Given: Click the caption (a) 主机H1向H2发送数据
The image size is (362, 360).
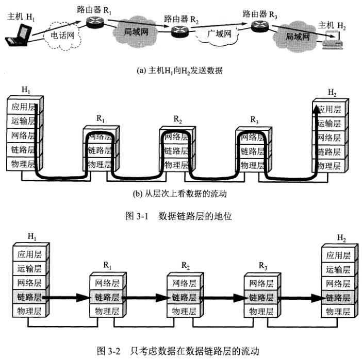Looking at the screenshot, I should click(x=180, y=71).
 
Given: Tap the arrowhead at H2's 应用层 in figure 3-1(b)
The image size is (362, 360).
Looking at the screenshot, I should click(x=315, y=107).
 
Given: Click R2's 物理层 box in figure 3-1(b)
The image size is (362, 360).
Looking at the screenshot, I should click(x=177, y=165).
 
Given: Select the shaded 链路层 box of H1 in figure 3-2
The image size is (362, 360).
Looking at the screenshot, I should click(x=29, y=297).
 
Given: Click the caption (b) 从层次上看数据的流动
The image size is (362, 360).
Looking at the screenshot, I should click(x=180, y=195).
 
